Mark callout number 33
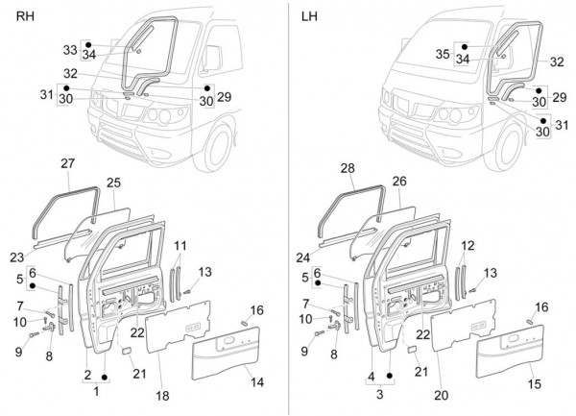70,49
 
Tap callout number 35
443,55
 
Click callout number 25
113,182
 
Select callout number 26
399,181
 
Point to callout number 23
16,257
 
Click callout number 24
304,257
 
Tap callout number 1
95,392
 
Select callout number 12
467,247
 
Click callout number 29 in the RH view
225,97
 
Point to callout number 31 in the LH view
562,123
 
